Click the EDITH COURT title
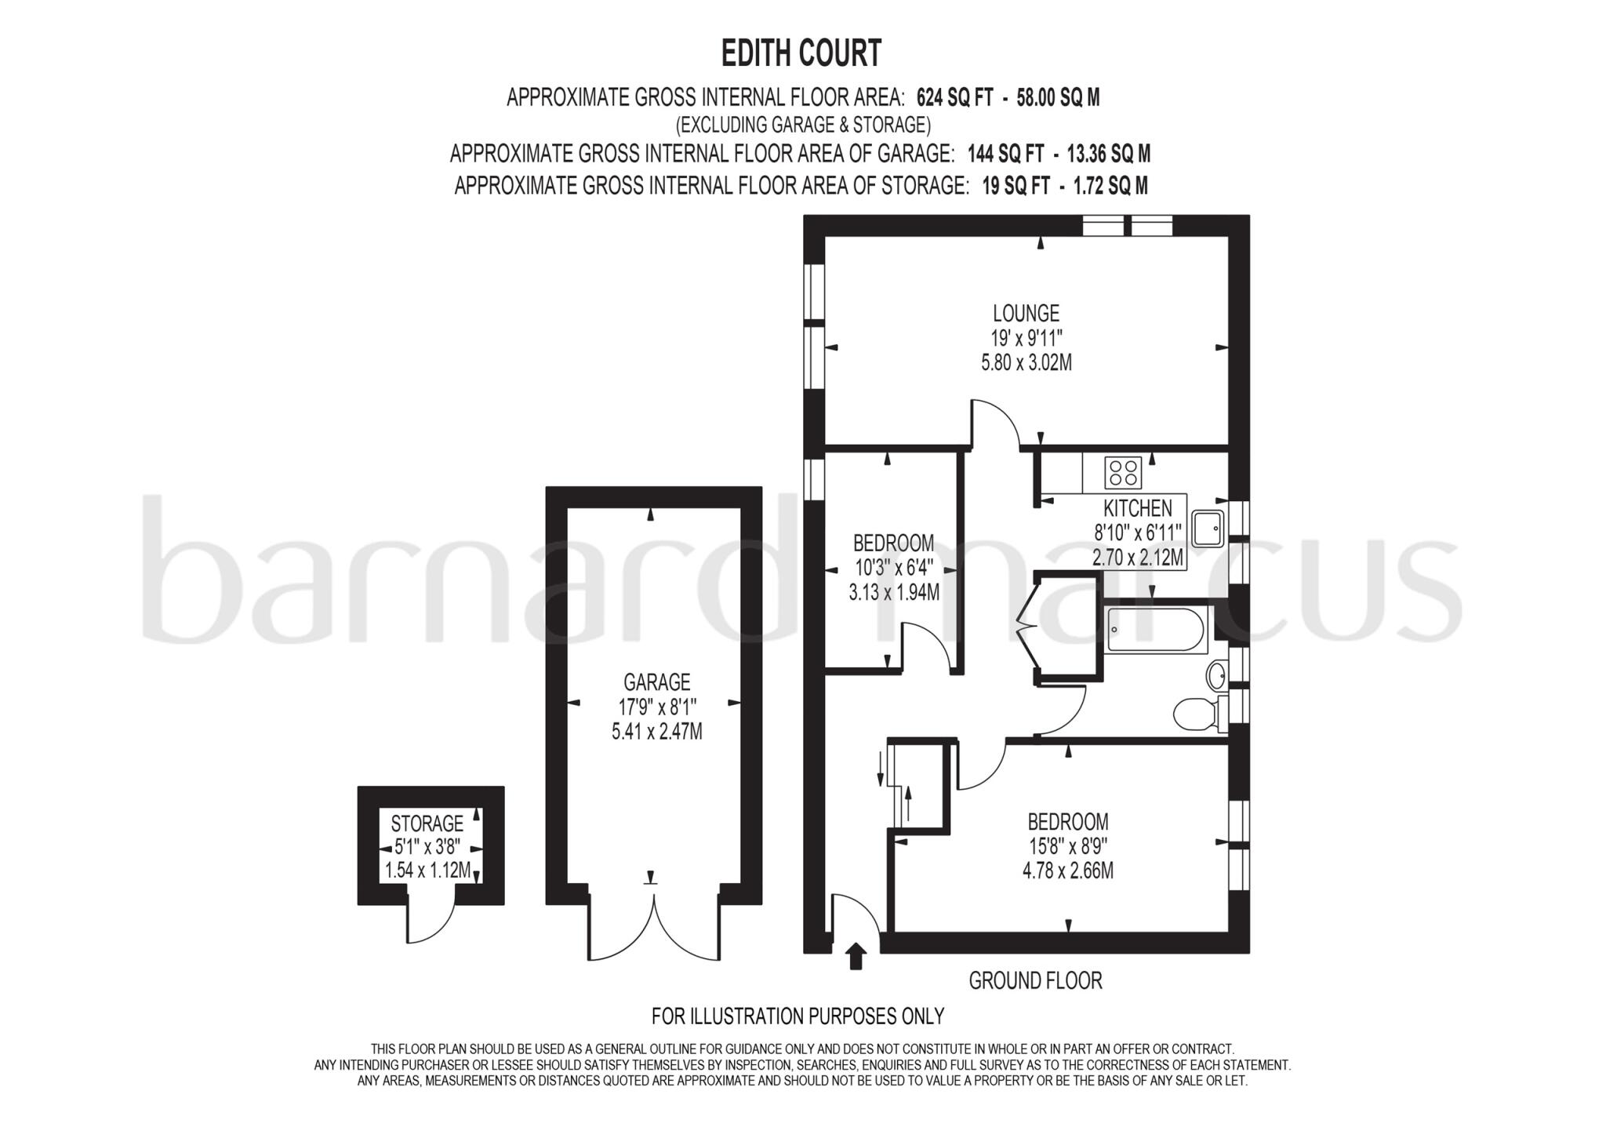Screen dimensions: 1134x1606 pos(801,54)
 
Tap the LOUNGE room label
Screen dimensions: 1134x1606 pos(1026,314)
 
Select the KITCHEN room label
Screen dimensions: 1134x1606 pos(1137,508)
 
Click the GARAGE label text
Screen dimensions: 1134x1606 pos(656,682)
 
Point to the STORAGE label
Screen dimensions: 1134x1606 pos(427,824)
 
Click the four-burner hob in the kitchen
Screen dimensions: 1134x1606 pos(1123,472)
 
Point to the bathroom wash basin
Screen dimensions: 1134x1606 pos(1218,673)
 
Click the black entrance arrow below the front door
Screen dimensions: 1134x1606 pos(856,956)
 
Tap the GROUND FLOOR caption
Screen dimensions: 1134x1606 pos(1035,981)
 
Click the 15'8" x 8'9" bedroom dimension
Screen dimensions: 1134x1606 pos(1067,847)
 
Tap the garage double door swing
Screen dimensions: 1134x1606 pos(653,933)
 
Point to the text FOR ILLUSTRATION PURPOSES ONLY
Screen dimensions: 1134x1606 pos(798,1016)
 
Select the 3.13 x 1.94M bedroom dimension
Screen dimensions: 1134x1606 pos(893,592)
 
